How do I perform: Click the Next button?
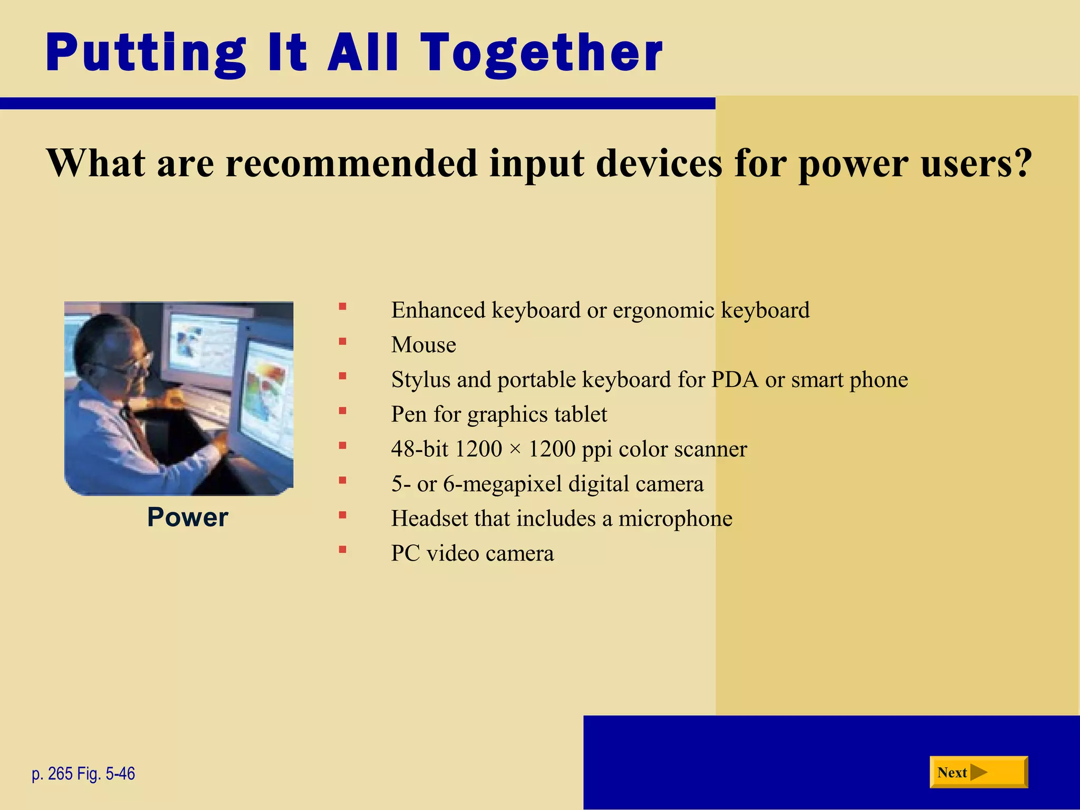coord(978,772)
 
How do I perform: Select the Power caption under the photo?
coord(187,517)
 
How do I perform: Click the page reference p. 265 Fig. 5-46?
coord(83,774)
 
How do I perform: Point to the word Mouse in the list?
coord(423,345)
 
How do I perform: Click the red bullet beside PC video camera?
coord(343,549)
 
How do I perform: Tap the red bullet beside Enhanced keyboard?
coord(343,306)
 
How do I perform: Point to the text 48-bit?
coord(419,449)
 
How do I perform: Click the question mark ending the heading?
coord(1021,163)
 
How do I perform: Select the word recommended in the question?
coord(351,163)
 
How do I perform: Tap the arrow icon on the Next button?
coord(978,773)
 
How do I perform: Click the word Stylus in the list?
coord(420,380)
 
